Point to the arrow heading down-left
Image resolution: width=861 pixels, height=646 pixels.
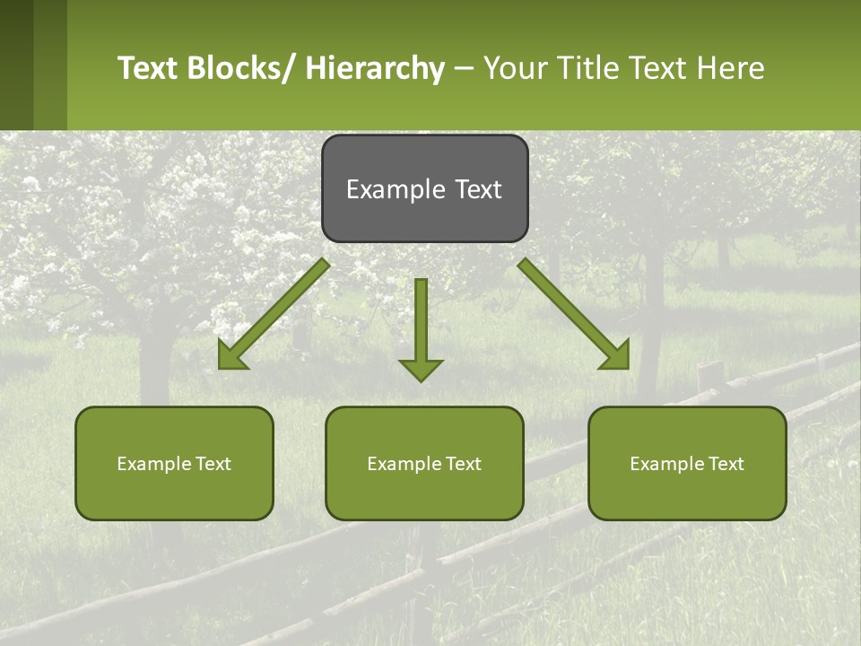coord(273,314)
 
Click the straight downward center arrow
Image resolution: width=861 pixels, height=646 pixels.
coord(421,323)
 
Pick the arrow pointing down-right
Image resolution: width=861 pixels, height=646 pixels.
coord(574,314)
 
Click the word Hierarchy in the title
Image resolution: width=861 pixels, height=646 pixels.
coord(375,68)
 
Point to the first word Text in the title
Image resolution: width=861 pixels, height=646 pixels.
coord(148,68)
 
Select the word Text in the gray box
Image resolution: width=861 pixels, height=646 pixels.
coord(477,189)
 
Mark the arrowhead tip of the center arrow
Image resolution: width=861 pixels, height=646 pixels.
coord(421,380)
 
